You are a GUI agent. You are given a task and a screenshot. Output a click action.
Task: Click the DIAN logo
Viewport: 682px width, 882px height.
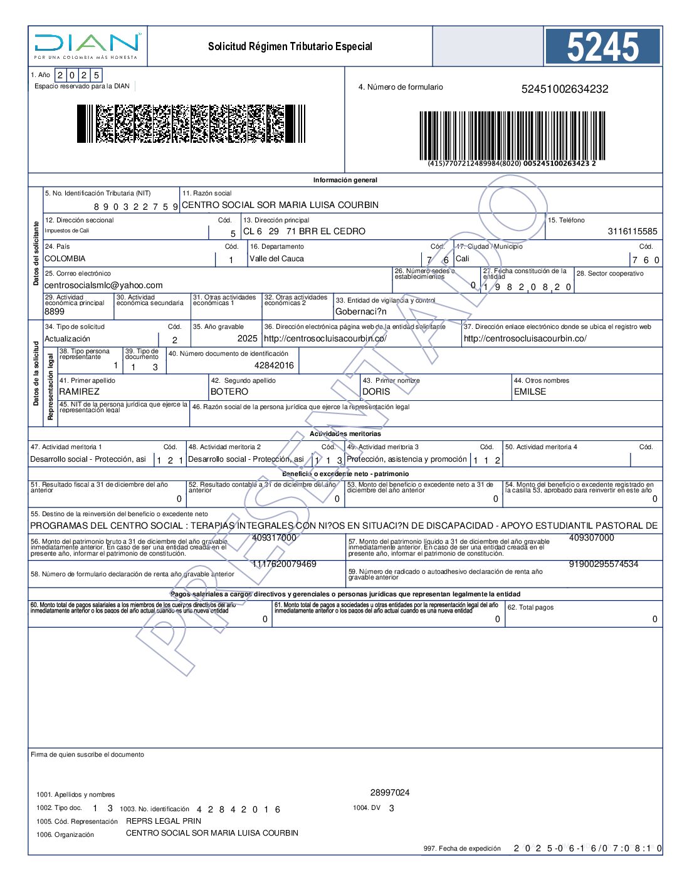click(x=87, y=45)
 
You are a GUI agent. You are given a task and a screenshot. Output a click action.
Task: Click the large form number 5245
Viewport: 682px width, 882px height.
click(x=602, y=47)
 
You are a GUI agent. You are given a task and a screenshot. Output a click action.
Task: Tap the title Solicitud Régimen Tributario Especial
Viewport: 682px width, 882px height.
click(x=290, y=46)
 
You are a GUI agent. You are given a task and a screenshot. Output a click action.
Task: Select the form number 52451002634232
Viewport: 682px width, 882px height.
click(x=564, y=89)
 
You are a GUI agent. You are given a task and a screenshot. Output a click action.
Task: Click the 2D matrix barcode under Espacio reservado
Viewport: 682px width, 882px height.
click(x=191, y=123)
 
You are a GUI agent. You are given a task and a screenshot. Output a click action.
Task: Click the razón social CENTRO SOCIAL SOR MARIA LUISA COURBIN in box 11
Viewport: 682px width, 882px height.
click(x=280, y=205)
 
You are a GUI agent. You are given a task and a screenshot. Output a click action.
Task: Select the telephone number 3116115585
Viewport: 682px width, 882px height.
click(x=632, y=231)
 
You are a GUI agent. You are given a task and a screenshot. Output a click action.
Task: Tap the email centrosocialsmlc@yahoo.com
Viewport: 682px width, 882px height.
click(x=103, y=285)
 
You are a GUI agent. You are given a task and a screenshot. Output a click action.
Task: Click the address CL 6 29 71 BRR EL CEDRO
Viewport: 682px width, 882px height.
click(x=304, y=231)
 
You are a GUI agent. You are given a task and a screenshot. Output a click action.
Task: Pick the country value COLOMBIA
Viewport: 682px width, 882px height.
click(x=65, y=259)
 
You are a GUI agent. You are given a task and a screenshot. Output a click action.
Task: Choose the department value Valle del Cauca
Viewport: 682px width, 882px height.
click(x=276, y=259)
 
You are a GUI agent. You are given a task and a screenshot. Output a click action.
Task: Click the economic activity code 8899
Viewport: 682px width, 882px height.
click(x=55, y=311)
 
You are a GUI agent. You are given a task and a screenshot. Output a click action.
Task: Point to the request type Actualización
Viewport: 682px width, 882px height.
click(x=68, y=339)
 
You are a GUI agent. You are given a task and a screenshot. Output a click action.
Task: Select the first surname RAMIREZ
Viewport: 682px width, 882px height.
click(x=79, y=392)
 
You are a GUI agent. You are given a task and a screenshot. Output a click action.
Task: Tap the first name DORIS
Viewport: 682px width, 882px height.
click(x=376, y=392)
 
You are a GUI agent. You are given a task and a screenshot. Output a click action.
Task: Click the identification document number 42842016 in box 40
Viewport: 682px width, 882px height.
click(x=274, y=365)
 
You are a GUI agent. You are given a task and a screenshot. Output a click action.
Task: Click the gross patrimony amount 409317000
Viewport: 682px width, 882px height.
click(x=274, y=537)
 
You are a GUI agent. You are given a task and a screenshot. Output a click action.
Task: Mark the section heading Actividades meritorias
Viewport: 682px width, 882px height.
click(x=345, y=433)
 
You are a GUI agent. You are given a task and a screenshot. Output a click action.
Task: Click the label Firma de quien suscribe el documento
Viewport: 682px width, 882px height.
click(x=87, y=754)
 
